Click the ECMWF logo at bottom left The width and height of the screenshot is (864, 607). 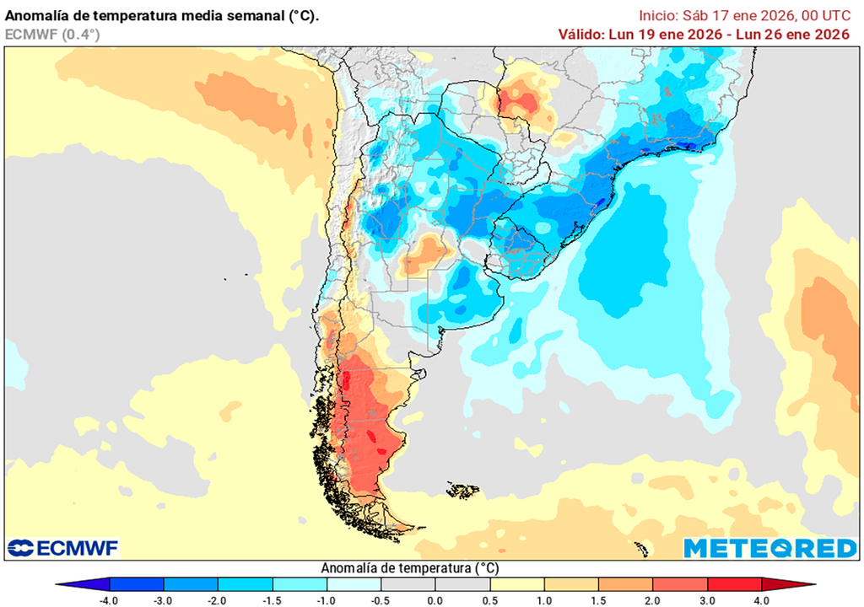click(x=63, y=548)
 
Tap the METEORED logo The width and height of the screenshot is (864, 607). click(x=769, y=548)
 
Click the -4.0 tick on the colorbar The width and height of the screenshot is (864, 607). click(x=110, y=600)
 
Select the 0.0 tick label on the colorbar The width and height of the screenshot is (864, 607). click(x=435, y=600)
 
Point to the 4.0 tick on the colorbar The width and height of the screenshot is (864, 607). click(x=761, y=600)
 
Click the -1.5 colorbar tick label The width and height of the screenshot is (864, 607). click(x=273, y=600)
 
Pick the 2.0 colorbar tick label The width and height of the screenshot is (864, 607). click(x=652, y=600)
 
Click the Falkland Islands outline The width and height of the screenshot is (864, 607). click(x=463, y=489)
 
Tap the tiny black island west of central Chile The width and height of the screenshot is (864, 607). click(x=226, y=279)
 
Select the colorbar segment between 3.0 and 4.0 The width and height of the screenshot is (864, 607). click(x=734, y=584)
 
